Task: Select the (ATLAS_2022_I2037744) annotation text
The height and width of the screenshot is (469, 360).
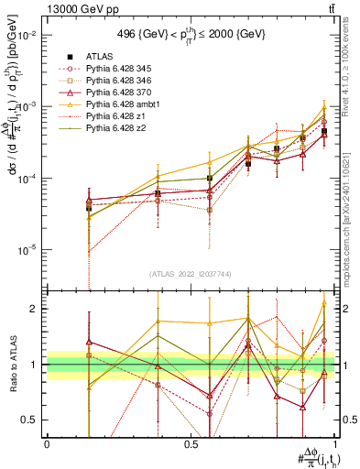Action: [190, 274]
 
